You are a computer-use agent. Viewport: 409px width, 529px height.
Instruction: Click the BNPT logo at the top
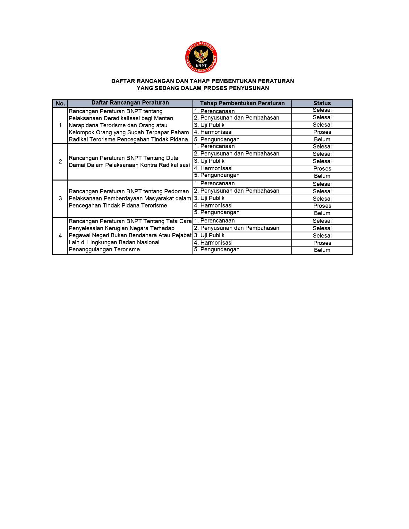[201, 57]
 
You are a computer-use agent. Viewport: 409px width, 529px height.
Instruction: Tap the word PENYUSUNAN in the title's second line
[249, 88]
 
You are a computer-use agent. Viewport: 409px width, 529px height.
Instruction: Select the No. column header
[60, 103]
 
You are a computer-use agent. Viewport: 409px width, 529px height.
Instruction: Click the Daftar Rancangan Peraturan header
[130, 103]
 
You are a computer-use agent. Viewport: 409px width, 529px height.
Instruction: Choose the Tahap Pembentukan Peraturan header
[242, 103]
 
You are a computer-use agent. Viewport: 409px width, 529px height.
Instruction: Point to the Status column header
[322, 103]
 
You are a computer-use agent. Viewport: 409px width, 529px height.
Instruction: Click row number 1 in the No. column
[60, 125]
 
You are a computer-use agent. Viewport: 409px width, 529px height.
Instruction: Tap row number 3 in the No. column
[60, 198]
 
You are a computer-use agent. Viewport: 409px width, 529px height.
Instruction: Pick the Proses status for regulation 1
[322, 132]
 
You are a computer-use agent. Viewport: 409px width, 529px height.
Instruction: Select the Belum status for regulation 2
[322, 176]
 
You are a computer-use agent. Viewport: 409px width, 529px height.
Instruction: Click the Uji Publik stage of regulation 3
[212, 198]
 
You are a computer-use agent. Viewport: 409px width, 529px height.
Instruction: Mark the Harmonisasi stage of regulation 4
[216, 243]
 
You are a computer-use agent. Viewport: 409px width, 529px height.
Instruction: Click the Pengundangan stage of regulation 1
[220, 139]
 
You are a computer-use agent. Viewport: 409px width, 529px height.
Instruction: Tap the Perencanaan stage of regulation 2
[217, 147]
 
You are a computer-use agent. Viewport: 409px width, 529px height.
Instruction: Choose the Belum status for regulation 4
[322, 250]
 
